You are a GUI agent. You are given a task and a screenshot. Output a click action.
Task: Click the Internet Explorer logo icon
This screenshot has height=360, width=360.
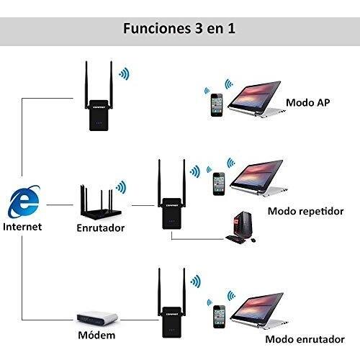pyautogui.click(x=24, y=201)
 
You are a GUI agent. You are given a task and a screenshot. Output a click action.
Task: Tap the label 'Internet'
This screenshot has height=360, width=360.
pyautogui.click(x=22, y=227)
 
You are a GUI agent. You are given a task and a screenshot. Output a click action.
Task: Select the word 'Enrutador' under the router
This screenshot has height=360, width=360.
pyautogui.click(x=101, y=228)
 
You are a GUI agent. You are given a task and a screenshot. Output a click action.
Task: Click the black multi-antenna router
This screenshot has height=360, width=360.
pyautogui.click(x=101, y=202)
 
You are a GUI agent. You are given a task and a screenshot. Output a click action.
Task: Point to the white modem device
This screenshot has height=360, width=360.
pyautogui.click(x=97, y=318)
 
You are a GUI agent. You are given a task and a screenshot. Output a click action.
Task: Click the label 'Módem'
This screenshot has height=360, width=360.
pyautogui.click(x=96, y=336)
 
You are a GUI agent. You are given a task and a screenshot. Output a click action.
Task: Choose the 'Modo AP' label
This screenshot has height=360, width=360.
pyautogui.click(x=308, y=103)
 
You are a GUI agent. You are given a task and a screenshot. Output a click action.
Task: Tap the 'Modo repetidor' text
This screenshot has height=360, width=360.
pyautogui.click(x=305, y=212)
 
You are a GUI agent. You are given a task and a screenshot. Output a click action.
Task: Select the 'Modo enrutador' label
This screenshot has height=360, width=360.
pyautogui.click(x=305, y=339)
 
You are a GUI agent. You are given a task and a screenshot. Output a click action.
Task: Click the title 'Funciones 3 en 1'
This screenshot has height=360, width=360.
pyautogui.click(x=179, y=28)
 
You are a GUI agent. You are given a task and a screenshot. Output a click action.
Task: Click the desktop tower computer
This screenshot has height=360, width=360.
pyautogui.click(x=243, y=225)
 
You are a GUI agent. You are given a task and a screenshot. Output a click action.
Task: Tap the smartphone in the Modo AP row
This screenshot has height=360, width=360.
pyautogui.click(x=217, y=105)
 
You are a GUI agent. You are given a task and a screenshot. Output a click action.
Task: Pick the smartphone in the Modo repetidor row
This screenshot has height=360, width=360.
pyautogui.click(x=219, y=184)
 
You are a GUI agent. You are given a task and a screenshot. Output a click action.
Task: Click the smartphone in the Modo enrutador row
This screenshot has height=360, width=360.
pyautogui.click(x=219, y=317)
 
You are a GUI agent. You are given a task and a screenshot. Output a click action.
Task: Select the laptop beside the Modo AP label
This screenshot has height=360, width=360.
pyautogui.click(x=256, y=99)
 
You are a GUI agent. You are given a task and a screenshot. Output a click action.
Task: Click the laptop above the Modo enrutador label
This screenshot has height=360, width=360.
pyautogui.click(x=258, y=311)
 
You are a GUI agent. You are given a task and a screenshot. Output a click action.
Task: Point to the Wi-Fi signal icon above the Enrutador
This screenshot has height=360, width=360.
pyautogui.click(x=121, y=187)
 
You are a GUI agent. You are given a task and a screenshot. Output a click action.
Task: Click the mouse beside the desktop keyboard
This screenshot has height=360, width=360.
pyautogui.click(x=253, y=240)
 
